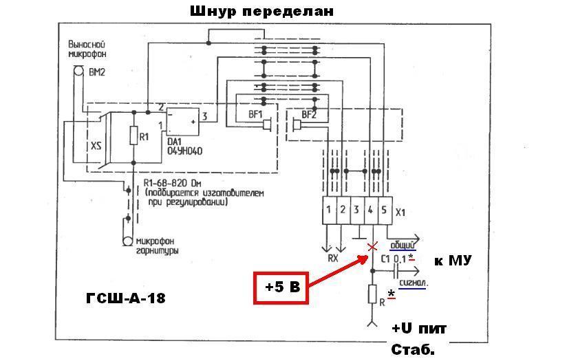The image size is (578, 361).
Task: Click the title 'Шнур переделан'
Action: tap(261, 12)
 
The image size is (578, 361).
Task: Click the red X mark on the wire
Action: tap(372, 247)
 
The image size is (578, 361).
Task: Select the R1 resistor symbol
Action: tap(134, 135)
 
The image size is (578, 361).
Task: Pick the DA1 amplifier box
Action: tap(183, 122)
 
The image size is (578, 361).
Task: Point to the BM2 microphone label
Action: tap(96, 71)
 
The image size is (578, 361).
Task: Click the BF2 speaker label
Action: tap(308, 115)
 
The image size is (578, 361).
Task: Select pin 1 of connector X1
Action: tap(330, 209)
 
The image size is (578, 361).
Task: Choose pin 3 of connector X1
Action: tap(356, 209)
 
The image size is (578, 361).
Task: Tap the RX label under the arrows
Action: tap(332, 259)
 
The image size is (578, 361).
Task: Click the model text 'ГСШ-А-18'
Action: tap(125, 298)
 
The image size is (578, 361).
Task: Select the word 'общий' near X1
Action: tap(402, 243)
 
